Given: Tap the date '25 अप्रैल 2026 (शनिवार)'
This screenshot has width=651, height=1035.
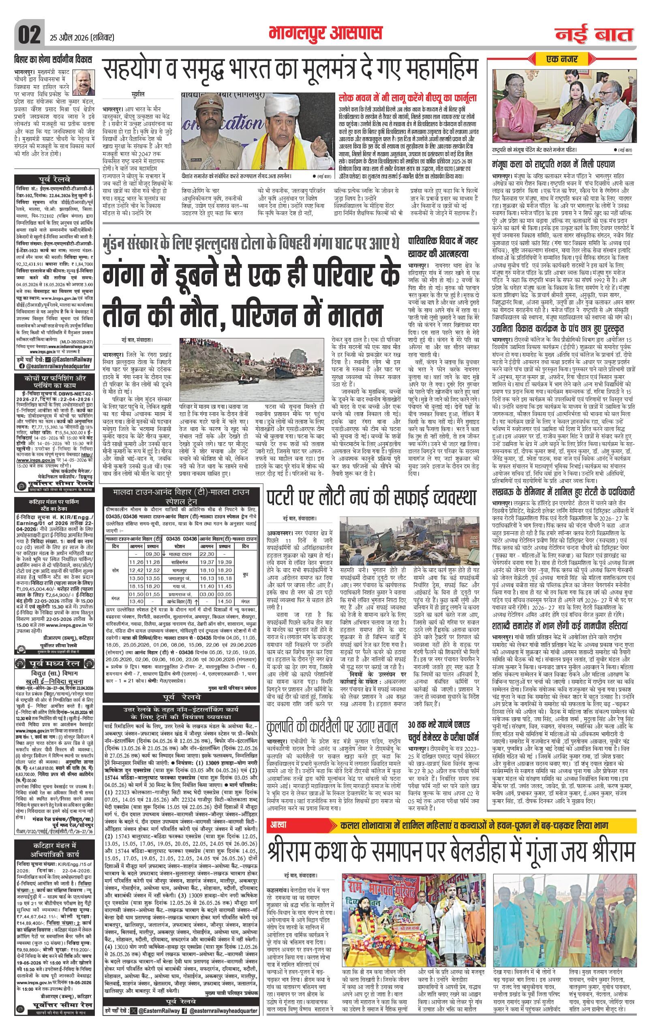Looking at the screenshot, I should pos(80,37).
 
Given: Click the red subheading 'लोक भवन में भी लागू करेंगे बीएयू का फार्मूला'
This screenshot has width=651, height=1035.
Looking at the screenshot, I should pos(407,97).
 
